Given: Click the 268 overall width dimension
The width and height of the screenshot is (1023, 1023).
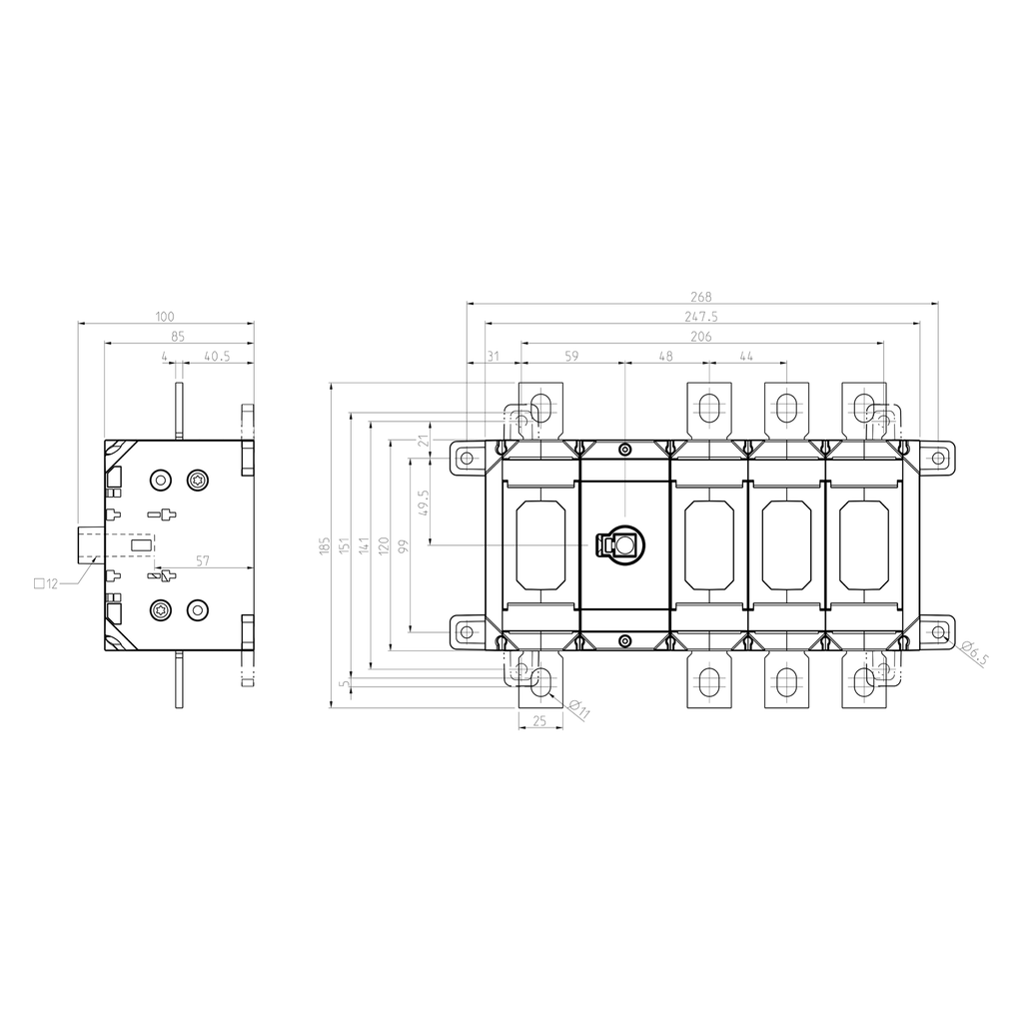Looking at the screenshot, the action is tap(701, 297).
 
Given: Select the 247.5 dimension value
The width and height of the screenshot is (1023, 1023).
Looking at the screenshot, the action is tap(701, 317).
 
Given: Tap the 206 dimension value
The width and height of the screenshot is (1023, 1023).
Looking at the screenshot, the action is tap(701, 337).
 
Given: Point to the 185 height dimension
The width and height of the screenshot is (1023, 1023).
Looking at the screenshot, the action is tap(325, 546).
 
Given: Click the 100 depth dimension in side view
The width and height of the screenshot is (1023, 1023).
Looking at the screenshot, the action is tap(165, 317).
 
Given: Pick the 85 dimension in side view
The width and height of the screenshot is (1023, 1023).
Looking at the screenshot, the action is tap(178, 337).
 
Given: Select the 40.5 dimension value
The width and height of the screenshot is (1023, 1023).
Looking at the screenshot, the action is tap(217, 357).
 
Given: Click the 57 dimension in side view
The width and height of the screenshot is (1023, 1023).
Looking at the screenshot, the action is tap(203, 561).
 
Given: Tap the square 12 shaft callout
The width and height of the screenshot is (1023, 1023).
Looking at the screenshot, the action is tap(46, 583).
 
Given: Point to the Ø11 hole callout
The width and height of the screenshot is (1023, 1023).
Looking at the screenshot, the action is tap(578, 709).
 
